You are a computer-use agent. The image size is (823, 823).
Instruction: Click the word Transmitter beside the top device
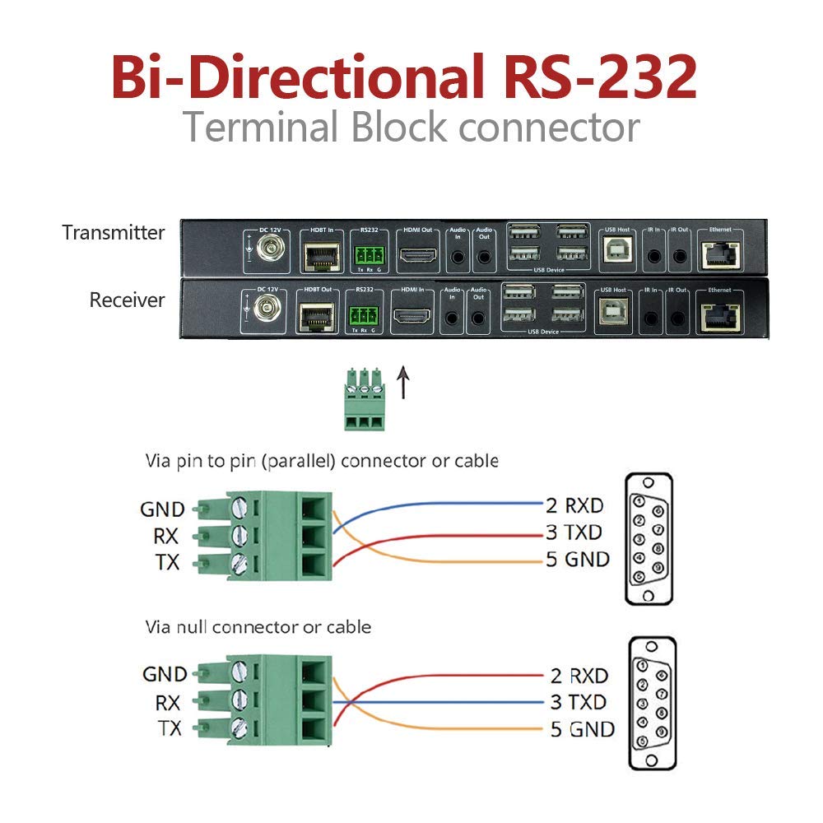click(x=113, y=233)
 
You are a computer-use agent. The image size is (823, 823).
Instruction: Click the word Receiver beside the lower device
click(x=127, y=300)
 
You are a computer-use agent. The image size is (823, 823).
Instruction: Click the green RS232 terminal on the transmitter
click(x=367, y=254)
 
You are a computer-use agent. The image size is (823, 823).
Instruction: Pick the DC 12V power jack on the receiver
click(x=265, y=309)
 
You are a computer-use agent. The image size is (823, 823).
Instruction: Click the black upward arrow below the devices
click(x=403, y=383)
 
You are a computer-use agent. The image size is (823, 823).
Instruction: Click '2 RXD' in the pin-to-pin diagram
click(x=574, y=505)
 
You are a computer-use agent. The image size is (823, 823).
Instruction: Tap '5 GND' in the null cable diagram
click(x=582, y=729)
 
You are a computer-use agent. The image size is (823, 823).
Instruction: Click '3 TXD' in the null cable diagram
click(x=578, y=703)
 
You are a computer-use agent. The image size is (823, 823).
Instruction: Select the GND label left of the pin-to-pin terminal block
click(x=162, y=509)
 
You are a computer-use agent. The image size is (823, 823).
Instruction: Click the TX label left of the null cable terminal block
click(x=168, y=728)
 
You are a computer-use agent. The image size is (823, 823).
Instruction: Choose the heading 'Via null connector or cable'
click(x=258, y=627)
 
